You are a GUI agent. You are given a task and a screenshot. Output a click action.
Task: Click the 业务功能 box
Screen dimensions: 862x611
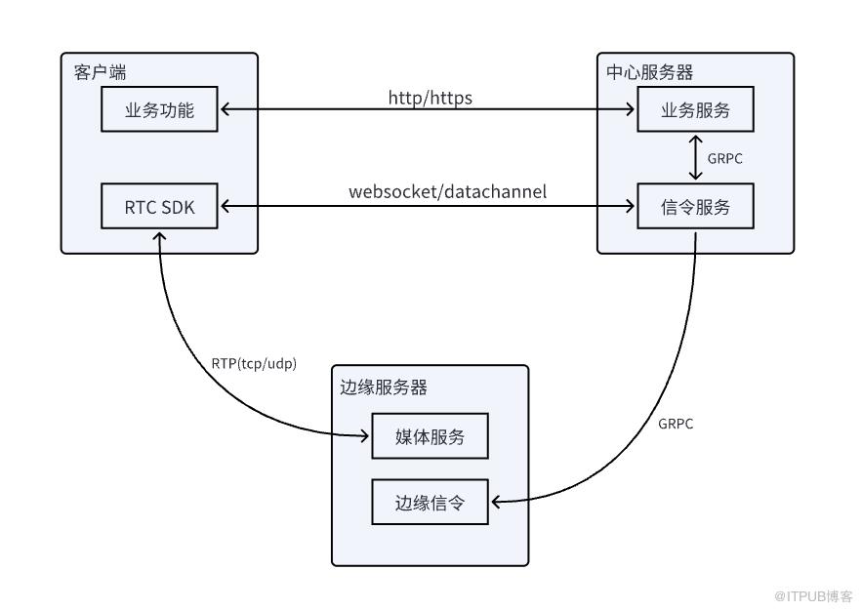click(x=159, y=108)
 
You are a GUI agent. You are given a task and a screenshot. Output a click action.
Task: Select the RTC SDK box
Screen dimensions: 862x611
click(x=159, y=206)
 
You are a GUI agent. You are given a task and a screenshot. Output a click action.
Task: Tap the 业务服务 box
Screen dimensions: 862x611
click(x=695, y=108)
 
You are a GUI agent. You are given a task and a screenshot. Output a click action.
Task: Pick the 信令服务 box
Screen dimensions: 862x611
click(x=695, y=206)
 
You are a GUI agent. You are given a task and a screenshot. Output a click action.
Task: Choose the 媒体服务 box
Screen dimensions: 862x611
click(x=430, y=435)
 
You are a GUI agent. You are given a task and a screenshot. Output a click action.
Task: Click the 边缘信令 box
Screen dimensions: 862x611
click(x=430, y=502)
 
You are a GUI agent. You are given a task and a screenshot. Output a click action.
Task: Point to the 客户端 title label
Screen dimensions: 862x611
click(x=100, y=72)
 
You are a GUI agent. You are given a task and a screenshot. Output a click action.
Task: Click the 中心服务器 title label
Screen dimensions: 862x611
click(x=650, y=72)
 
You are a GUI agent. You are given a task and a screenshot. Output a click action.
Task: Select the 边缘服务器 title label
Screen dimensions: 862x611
click(x=384, y=387)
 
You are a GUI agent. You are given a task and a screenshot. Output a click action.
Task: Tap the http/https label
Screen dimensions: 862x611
click(x=431, y=98)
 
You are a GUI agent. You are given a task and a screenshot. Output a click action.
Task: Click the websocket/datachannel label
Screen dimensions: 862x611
click(x=447, y=191)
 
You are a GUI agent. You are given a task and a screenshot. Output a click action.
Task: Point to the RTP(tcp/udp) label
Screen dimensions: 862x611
click(x=254, y=363)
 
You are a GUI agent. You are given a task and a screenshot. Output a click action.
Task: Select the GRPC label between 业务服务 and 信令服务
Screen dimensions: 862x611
click(x=724, y=159)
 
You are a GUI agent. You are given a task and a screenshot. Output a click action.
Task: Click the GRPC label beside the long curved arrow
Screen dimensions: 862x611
click(x=676, y=425)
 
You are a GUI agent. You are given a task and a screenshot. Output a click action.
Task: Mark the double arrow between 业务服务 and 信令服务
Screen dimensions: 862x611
click(x=695, y=158)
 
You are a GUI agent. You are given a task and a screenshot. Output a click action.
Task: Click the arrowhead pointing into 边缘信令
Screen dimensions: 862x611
click(x=496, y=502)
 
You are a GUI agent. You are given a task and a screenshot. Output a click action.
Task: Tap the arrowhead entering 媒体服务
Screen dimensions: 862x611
click(x=364, y=436)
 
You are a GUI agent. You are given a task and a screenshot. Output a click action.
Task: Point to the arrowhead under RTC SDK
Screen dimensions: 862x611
click(x=159, y=237)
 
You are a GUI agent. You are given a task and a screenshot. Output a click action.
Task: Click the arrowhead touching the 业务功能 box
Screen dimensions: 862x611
click(x=226, y=108)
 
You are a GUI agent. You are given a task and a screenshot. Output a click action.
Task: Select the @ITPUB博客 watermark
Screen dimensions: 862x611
click(x=813, y=596)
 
